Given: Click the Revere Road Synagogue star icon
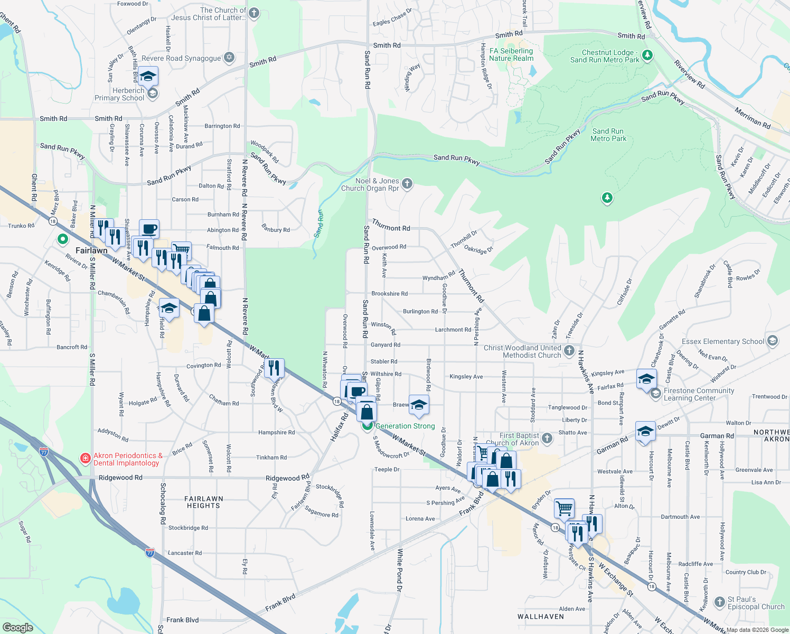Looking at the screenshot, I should tap(229, 58).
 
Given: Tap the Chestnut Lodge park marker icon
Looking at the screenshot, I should tap(647, 55).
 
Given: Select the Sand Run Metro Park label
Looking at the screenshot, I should tap(608, 135).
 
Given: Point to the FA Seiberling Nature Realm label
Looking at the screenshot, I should tap(511, 54).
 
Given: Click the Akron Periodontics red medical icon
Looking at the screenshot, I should tap(84, 459).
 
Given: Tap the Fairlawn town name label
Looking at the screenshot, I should tap(91, 250).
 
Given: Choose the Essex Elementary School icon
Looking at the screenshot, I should tap(773, 341).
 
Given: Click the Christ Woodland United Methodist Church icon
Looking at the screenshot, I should tap(569, 350).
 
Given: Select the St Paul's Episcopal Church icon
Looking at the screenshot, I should tap(719, 602).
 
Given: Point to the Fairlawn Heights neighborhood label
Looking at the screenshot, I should tap(203, 502).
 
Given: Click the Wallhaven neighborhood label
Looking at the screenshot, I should tap(540, 617).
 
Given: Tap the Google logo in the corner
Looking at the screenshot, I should tap(17, 627).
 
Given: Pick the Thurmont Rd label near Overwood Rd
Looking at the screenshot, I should tap(391, 225).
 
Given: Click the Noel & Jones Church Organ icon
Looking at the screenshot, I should tap(407, 184).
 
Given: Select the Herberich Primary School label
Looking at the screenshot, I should tap(120, 94).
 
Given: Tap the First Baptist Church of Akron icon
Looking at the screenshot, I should tap(547, 438).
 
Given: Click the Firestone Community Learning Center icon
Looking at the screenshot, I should tap(655, 394).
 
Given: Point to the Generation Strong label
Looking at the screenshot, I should tap(405, 426).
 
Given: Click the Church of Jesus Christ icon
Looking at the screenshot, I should tap(254, 13).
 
